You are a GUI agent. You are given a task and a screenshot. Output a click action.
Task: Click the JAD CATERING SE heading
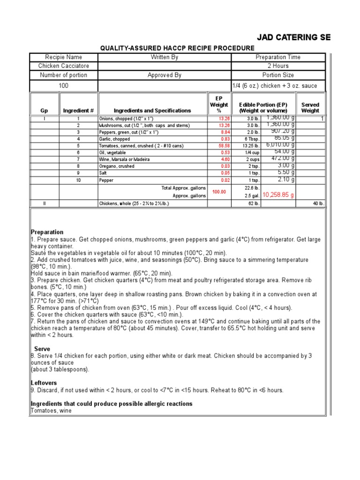coord(294,37)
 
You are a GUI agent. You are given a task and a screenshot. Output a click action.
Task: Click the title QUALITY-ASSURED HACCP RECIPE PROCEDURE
coord(178,48)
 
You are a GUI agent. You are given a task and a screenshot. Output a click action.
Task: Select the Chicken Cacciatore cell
coord(64,66)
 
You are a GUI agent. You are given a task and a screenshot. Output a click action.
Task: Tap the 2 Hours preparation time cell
coord(278,66)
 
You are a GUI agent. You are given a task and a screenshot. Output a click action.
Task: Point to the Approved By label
coord(165,75)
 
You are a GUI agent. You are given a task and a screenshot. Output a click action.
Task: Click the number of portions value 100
coord(64,86)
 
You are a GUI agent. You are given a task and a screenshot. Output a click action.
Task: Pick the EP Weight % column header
coord(219,105)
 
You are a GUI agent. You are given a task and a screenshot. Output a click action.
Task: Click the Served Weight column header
coord(310,107)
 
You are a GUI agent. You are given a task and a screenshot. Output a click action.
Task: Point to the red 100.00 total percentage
coord(219,192)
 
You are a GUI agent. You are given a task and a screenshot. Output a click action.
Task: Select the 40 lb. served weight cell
coord(318,203)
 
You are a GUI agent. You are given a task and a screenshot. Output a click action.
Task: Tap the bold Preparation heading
coord(47,232)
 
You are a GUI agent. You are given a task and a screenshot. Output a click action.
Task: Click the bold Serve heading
coord(42,349)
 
